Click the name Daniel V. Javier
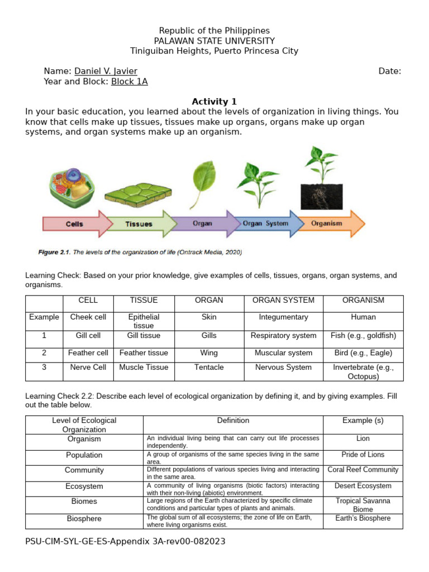(106, 71)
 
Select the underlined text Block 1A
(130, 82)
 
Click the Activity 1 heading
(214, 102)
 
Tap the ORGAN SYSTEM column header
(283, 301)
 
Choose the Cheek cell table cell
(88, 317)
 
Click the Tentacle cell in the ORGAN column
(209, 368)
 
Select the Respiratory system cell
(283, 336)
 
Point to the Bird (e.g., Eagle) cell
(363, 353)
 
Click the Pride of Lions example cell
(363, 455)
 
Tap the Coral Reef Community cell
(363, 470)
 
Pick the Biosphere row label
(84, 519)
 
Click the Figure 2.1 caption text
(140, 252)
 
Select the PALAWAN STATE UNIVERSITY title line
(214, 41)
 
